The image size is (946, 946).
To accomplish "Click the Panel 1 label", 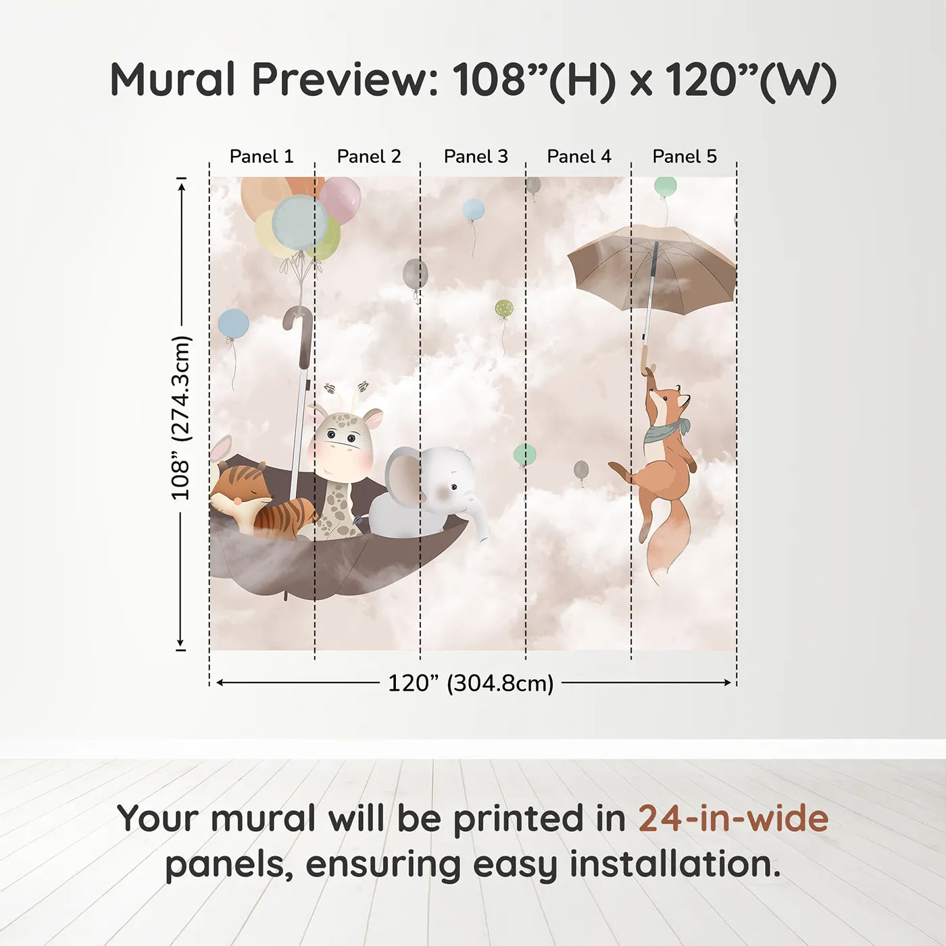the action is click(262, 157).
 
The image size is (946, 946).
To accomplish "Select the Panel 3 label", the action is click(476, 157).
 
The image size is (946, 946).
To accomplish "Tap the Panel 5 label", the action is click(684, 157).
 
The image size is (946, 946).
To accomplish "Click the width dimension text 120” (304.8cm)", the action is click(471, 683).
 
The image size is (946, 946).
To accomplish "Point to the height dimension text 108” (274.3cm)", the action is click(180, 418).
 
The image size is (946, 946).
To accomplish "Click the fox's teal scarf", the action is click(666, 430).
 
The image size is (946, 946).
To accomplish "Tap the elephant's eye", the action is click(455, 487).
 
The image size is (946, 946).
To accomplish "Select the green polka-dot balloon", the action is click(504, 309).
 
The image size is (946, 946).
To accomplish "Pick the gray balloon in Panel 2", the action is click(416, 274).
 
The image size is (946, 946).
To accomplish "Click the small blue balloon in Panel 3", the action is click(473, 209).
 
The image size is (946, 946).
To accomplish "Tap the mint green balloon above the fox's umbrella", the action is click(665, 186).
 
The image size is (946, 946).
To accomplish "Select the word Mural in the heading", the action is click(173, 79).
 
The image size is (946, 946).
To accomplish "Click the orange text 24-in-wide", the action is click(733, 818).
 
